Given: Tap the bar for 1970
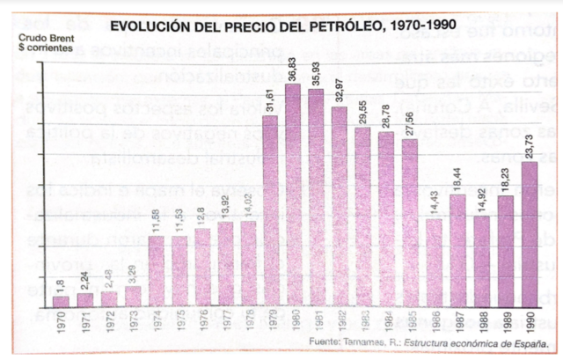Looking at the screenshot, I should (x=61, y=302).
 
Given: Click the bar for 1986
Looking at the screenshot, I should (x=435, y=262).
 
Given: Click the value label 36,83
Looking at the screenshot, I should (x=294, y=68).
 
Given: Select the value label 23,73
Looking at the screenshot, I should (x=530, y=144).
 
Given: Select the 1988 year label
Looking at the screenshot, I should (x=483, y=320).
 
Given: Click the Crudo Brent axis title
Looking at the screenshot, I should (x=39, y=40).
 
